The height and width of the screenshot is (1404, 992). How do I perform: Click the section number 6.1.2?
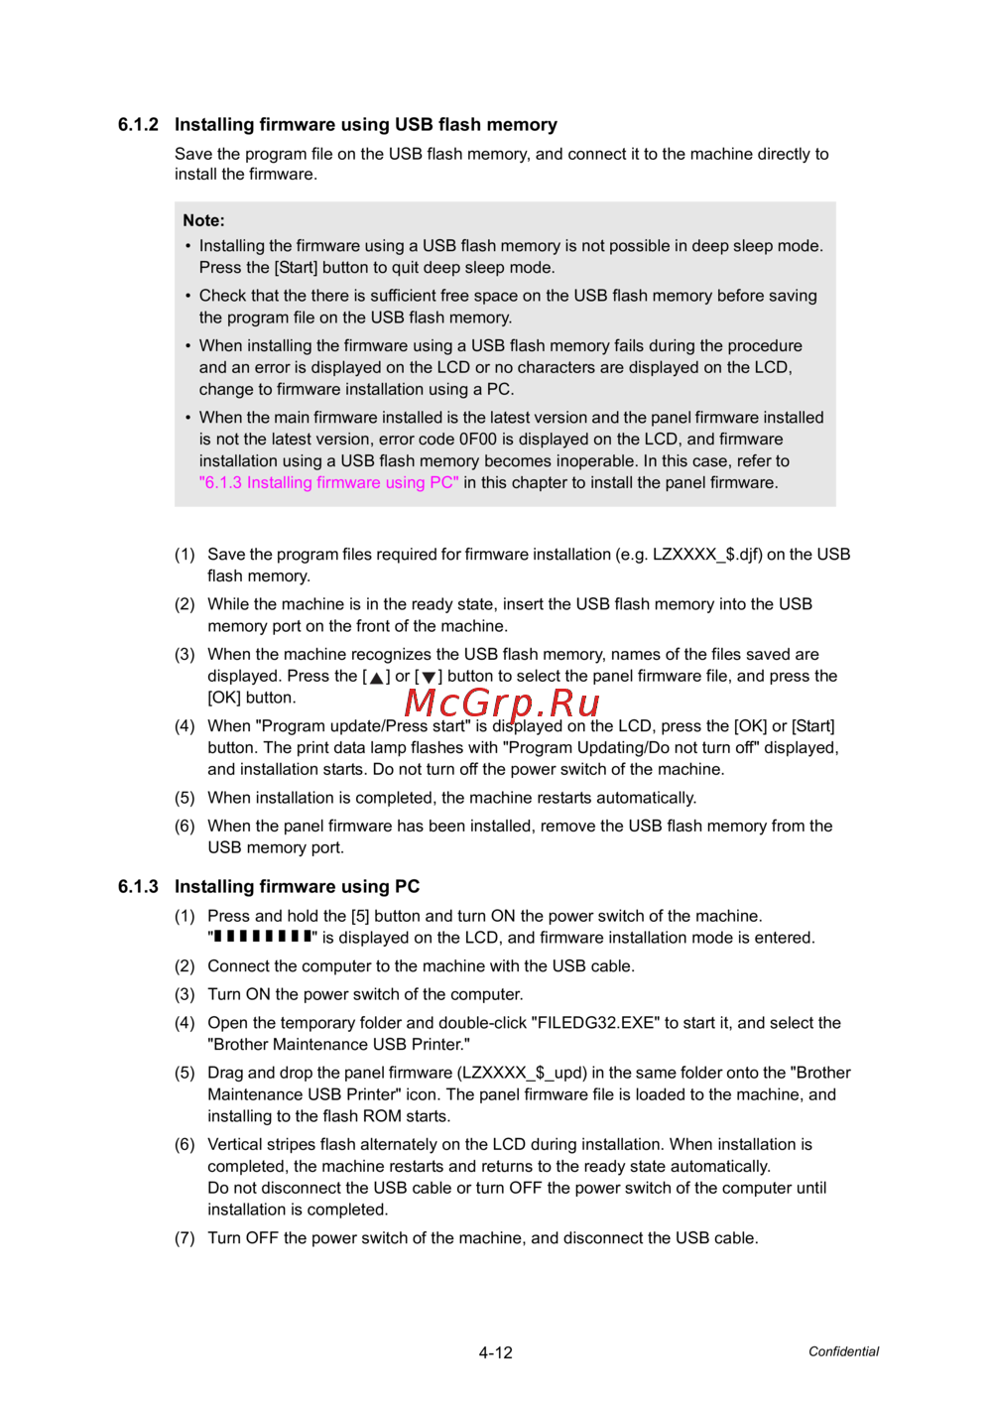(x=138, y=125)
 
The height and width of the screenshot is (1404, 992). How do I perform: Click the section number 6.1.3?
(x=138, y=887)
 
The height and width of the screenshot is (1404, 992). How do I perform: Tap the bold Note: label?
(x=203, y=220)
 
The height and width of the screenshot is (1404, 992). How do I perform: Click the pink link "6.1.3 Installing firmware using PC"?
(x=328, y=483)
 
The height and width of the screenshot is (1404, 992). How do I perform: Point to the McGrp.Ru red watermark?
(x=502, y=702)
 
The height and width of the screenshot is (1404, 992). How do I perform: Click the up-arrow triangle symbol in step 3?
(x=377, y=678)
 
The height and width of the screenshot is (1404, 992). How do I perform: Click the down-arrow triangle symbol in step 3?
(x=429, y=678)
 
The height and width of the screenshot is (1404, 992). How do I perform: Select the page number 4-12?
(x=495, y=1352)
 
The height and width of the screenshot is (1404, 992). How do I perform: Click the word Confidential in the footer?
(x=843, y=1351)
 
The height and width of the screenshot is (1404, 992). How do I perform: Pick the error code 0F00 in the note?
(x=477, y=440)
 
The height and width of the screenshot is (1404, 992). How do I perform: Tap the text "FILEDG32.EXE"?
(x=595, y=1023)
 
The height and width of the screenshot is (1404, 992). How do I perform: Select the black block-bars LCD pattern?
(x=263, y=937)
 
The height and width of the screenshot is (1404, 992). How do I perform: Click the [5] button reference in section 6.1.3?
(x=360, y=916)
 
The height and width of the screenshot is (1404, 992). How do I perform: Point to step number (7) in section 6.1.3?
(x=185, y=1238)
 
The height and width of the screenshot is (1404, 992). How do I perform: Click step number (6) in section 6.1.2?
(x=185, y=826)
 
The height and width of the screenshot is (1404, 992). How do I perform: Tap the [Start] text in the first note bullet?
(x=296, y=268)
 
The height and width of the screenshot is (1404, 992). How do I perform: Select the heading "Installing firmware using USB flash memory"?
(x=365, y=125)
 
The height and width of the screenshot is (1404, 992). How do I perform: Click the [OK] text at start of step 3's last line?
(x=224, y=698)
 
